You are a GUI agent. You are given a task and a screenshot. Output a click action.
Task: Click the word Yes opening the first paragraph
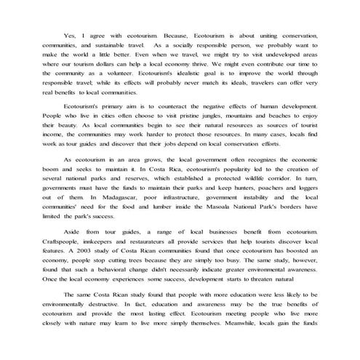[x=70, y=34]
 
